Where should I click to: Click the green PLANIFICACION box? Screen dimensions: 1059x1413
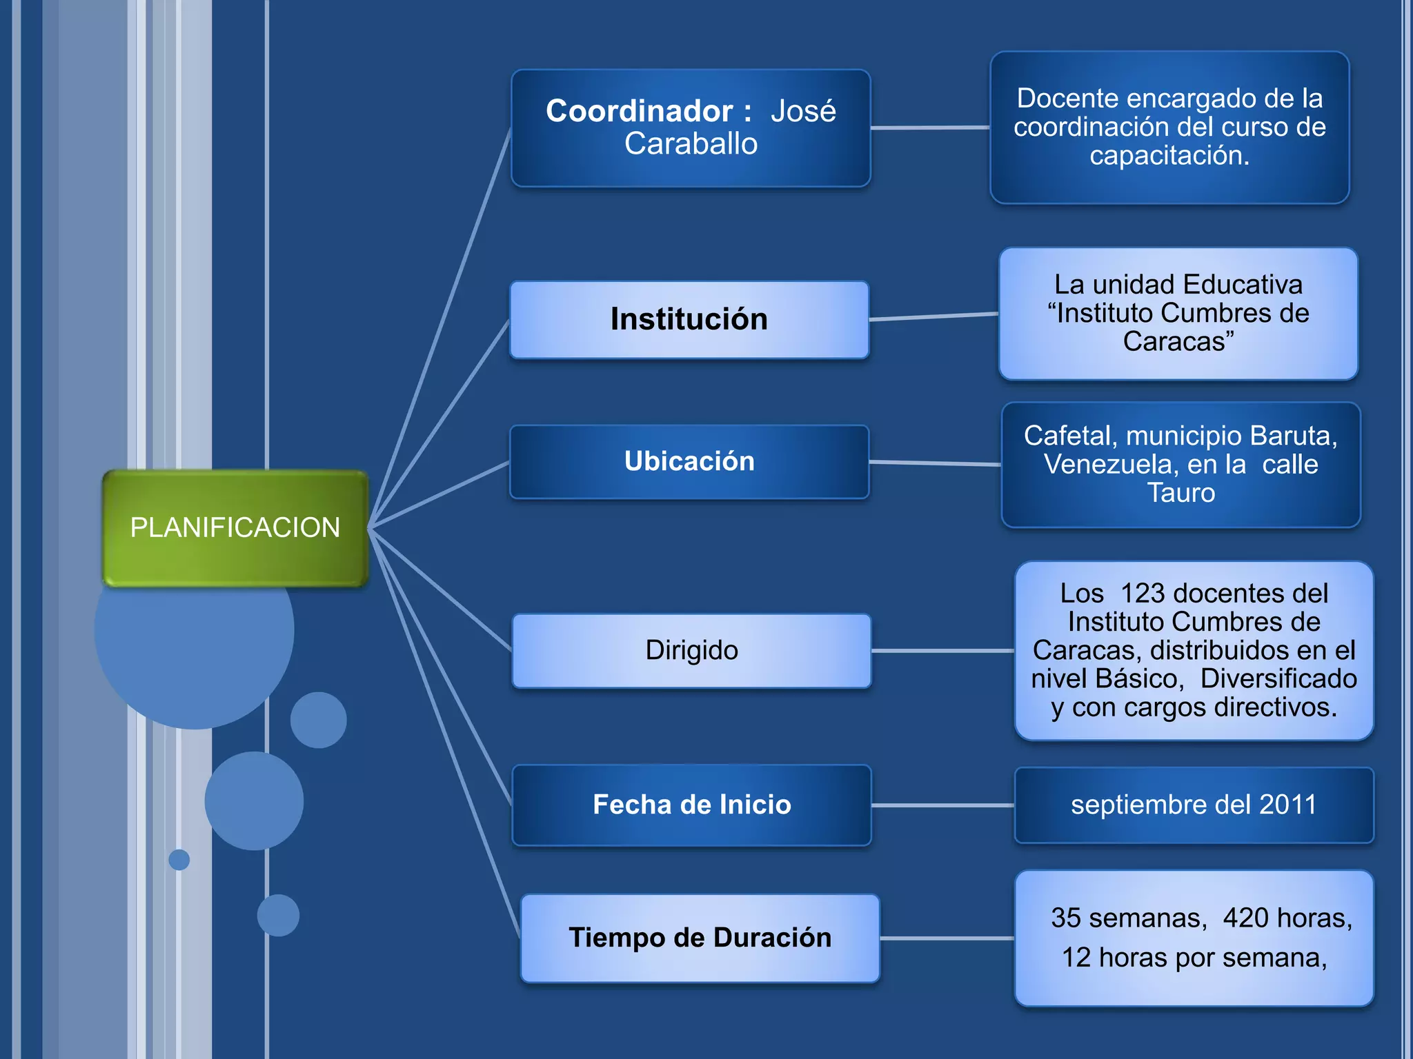[x=235, y=528]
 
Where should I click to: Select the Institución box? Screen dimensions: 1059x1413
[x=689, y=320]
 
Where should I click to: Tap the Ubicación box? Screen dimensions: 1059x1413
[x=689, y=461]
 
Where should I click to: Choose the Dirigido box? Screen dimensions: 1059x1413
[x=691, y=650]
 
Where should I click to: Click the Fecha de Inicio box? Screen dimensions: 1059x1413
[x=691, y=805]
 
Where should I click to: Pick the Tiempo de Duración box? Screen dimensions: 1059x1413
[x=700, y=938]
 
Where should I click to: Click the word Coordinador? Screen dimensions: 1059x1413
[x=639, y=111]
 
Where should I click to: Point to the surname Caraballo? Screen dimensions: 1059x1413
[x=691, y=144]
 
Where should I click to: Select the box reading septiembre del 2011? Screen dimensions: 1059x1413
[x=1194, y=805]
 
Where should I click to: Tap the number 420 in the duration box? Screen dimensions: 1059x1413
[x=1245, y=918]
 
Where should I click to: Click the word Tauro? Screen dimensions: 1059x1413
[x=1180, y=493]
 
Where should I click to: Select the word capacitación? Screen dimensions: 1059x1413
[x=1169, y=156]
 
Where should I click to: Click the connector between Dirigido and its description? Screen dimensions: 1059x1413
[x=942, y=650]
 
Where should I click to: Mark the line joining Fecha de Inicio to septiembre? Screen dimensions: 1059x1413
[x=942, y=805]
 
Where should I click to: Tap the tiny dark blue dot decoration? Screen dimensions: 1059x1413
[x=179, y=860]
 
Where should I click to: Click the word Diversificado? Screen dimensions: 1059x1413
[x=1278, y=678]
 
